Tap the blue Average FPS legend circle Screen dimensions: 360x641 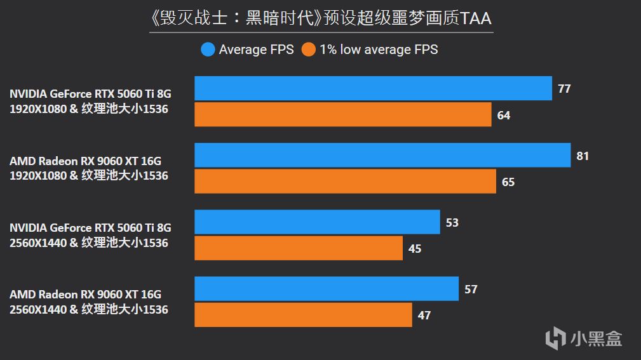point(208,49)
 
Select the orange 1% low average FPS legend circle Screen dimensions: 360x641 point(309,49)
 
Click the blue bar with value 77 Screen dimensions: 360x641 point(373,88)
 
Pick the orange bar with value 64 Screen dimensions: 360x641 point(342,115)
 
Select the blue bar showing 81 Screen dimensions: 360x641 point(382,155)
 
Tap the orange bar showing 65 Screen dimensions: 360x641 point(345,182)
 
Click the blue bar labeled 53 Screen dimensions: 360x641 point(317,222)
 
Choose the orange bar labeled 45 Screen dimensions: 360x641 point(298,248)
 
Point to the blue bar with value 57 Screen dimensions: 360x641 point(326,289)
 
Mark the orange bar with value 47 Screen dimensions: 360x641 point(303,315)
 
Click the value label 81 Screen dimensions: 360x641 point(583,156)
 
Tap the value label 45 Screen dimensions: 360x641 point(415,248)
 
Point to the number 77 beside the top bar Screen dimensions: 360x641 point(564,89)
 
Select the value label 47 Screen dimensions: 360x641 point(424,316)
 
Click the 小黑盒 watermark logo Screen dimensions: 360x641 point(584,337)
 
